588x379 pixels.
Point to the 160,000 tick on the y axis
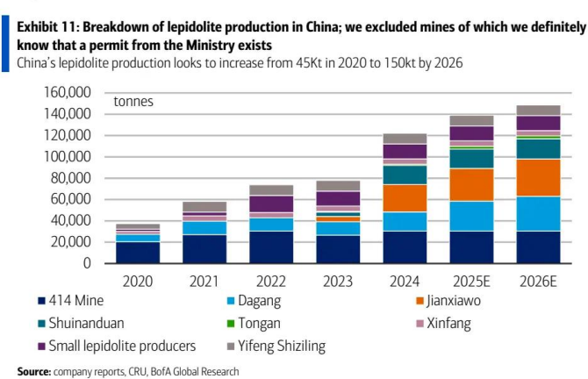68,93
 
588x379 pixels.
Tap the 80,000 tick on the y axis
71,178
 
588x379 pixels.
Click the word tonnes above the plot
133,102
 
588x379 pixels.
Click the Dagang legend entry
259,301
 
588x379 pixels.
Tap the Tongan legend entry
262,324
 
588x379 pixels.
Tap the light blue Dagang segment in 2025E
472,216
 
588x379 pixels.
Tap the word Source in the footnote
33,371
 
